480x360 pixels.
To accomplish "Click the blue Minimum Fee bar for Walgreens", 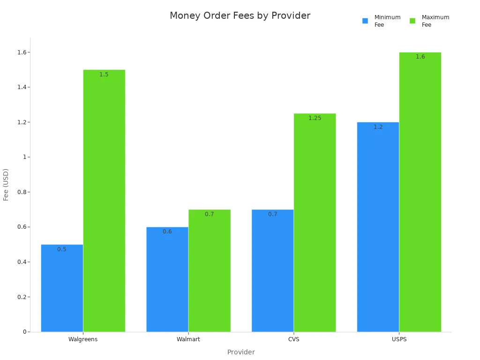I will pyautogui.click(x=62, y=288).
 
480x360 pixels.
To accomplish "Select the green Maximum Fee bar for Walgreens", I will pyautogui.click(x=104, y=202).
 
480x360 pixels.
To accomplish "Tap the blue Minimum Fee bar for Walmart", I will pyautogui.click(x=167, y=279).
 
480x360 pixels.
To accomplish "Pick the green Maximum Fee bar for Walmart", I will pyautogui.click(x=210, y=271).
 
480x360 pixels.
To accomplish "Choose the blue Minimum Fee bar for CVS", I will pyautogui.click(x=272, y=271).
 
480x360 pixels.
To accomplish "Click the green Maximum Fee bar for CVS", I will pyautogui.click(x=315, y=223).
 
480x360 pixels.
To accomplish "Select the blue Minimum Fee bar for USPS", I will pyautogui.click(x=378, y=227).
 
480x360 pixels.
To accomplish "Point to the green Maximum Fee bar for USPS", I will pyautogui.click(x=420, y=192).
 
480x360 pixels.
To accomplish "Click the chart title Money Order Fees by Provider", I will pyautogui.click(x=240, y=16).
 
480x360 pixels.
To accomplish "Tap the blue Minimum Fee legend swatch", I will pyautogui.click(x=365, y=21).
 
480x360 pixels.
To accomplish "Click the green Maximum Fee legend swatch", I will pyautogui.click(x=412, y=21).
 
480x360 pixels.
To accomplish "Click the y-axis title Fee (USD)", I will pyautogui.click(x=6, y=185).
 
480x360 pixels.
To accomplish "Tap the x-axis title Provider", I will pyautogui.click(x=241, y=352).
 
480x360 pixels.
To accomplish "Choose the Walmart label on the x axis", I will pyautogui.click(x=188, y=339).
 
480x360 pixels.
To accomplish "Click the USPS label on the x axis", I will pyautogui.click(x=399, y=339).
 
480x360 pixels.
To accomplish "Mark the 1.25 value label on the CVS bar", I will pyautogui.click(x=315, y=118).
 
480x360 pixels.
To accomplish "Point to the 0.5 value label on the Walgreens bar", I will pyautogui.click(x=62, y=249).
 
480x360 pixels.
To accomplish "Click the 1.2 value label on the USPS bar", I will pyautogui.click(x=378, y=127).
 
